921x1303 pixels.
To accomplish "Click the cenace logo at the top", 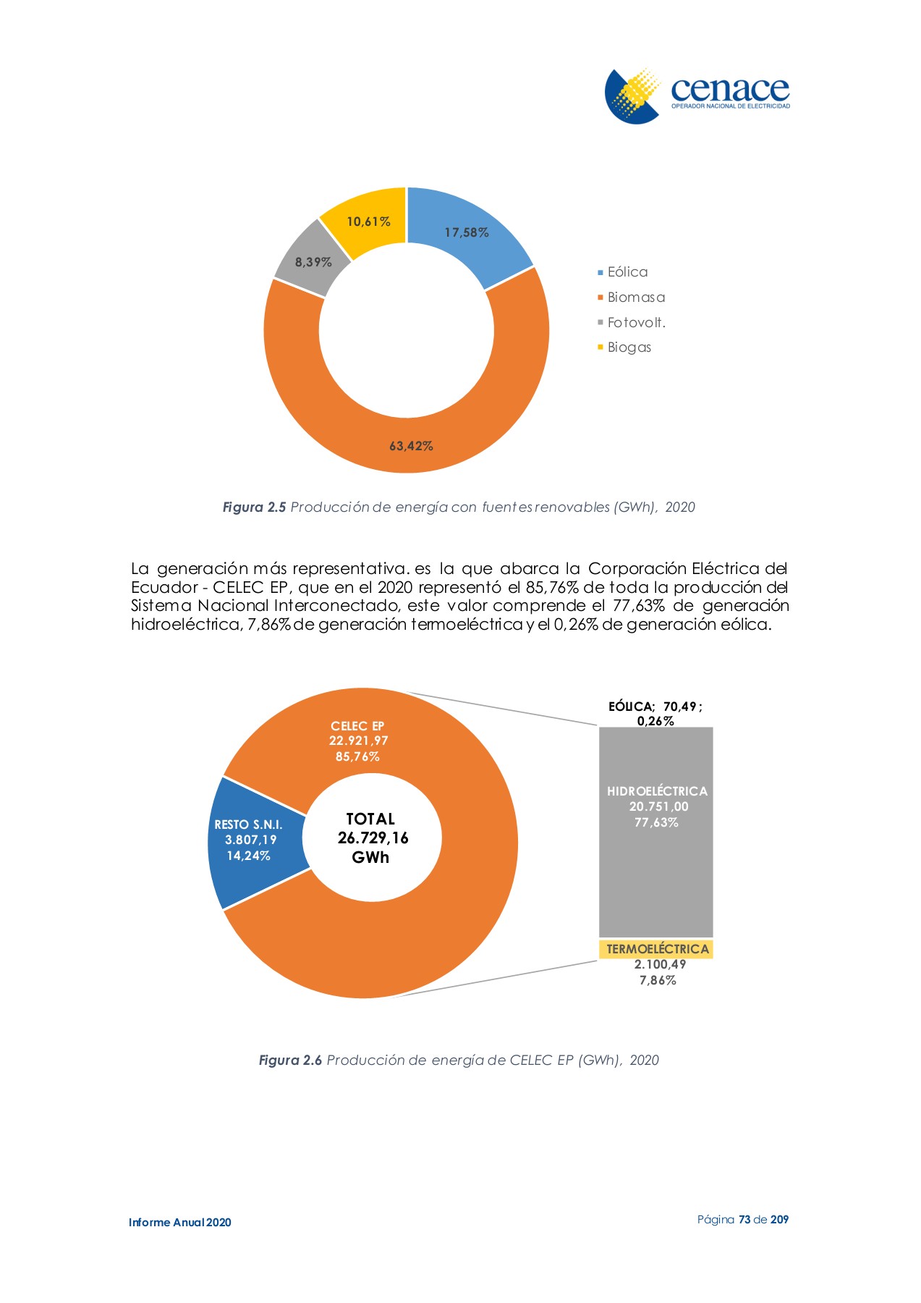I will point(697,95).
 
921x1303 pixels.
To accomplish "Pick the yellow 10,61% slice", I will point(368,221).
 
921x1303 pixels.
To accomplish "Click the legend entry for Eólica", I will point(627,272).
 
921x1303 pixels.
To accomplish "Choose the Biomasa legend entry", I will point(635,298).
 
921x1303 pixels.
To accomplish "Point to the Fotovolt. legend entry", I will point(636,323).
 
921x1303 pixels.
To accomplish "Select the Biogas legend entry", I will point(629,347).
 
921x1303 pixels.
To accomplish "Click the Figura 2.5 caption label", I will point(254,507).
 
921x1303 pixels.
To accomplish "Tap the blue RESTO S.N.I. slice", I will point(249,840).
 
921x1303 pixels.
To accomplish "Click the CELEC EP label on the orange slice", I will point(358,726).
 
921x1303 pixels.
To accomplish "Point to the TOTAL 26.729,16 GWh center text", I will point(372,838).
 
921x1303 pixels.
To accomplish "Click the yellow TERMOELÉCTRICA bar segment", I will point(657,949).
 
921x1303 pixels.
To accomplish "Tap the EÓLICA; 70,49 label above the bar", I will point(655,707).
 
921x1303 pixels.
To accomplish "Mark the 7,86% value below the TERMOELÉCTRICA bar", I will point(658,981).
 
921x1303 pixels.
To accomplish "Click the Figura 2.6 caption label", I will point(290,1060).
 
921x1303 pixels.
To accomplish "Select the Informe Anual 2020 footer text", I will point(180,1223).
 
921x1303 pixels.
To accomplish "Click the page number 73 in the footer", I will point(744,1220).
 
